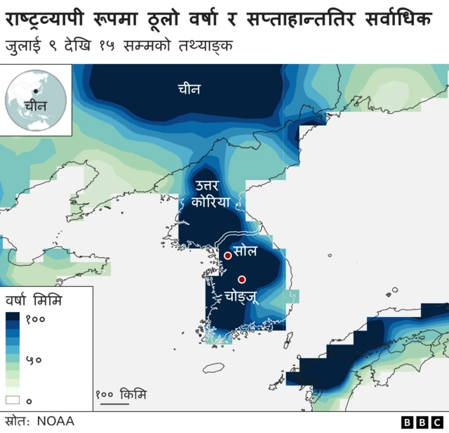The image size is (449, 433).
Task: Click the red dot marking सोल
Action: coord(227,254)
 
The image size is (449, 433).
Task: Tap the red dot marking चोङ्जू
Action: coord(242,279)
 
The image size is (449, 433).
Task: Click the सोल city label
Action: coord(246,251)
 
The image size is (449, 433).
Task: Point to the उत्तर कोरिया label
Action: coord(205,193)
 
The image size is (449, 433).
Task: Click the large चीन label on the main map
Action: coord(189,89)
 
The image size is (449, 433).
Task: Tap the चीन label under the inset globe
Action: coord(34,106)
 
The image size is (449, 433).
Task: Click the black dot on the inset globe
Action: coord(35,92)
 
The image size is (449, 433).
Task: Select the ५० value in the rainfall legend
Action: coord(34,359)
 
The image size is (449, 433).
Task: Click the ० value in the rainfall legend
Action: coord(29,400)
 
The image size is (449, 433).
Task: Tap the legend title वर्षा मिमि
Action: coord(34,301)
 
